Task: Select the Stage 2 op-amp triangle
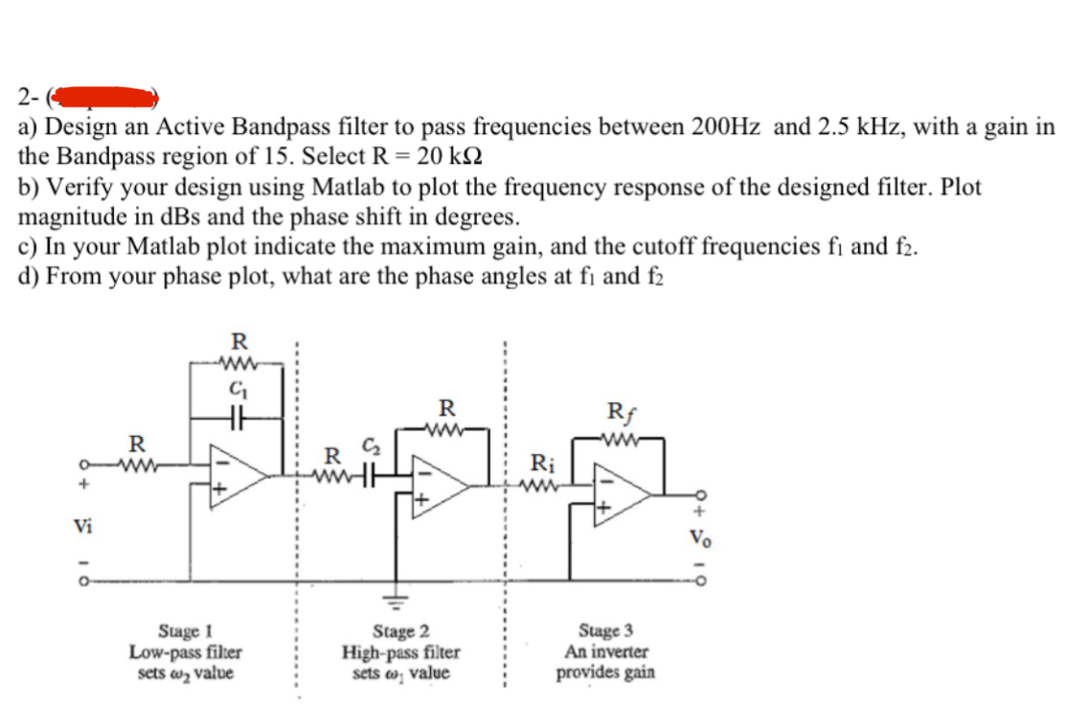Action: point(440,486)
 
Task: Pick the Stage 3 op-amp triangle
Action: point(622,495)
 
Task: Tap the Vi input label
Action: point(83,526)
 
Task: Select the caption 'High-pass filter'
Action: point(401,652)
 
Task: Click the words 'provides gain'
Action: point(606,671)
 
